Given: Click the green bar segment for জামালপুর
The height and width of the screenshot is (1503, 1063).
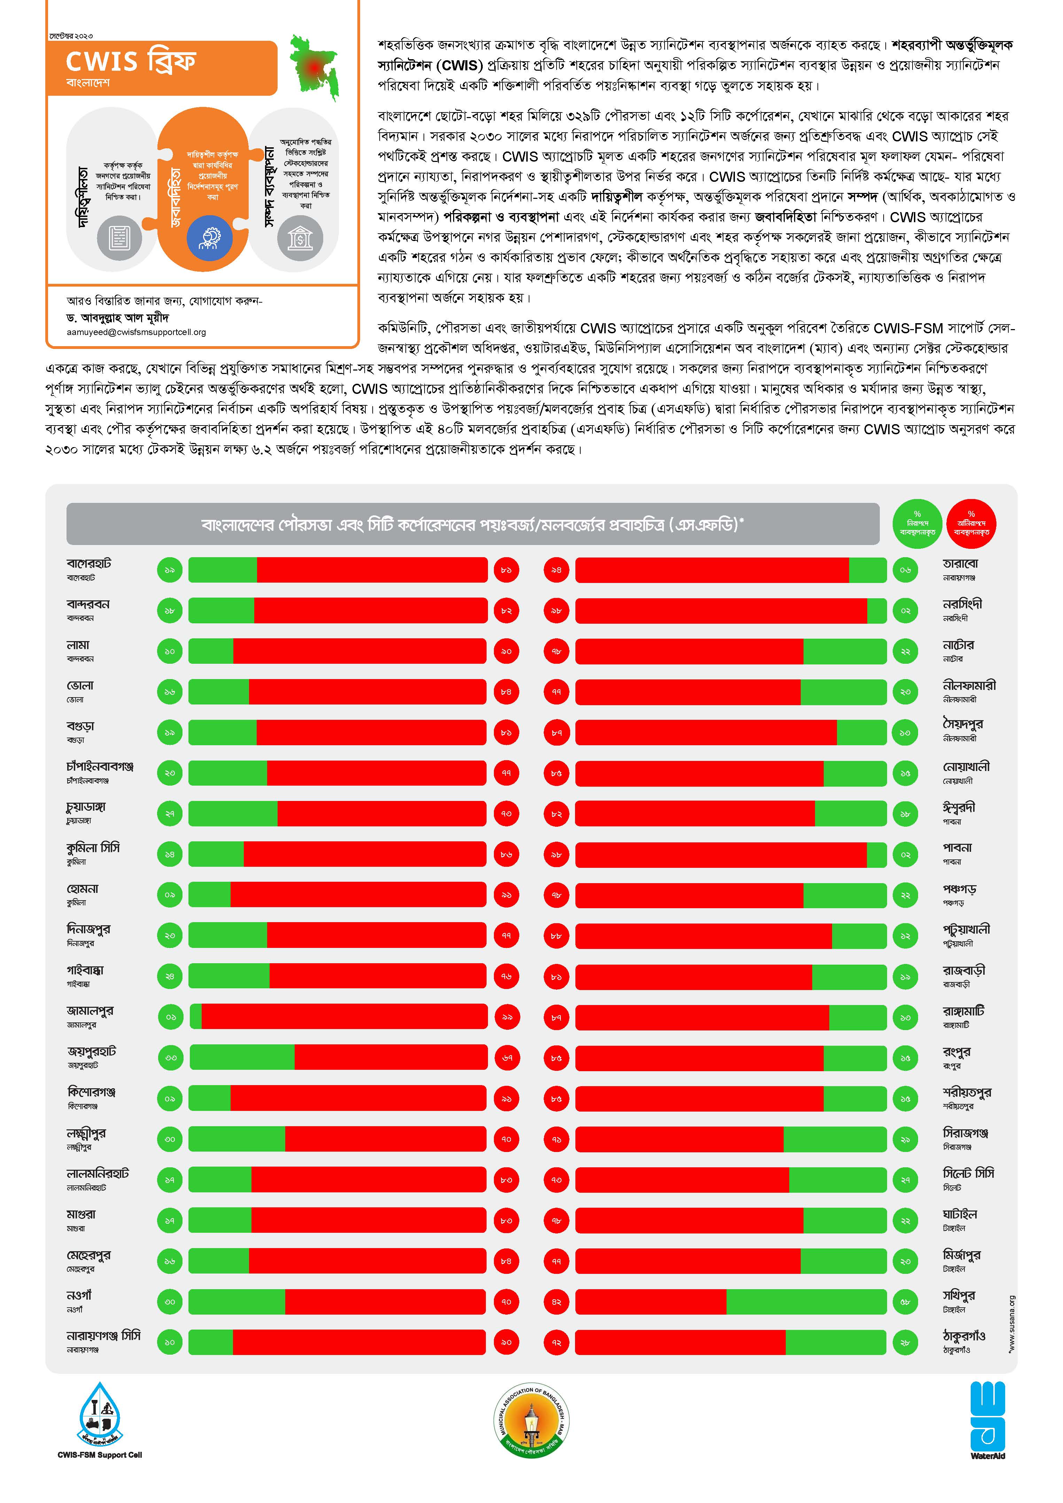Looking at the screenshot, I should click(x=196, y=1017).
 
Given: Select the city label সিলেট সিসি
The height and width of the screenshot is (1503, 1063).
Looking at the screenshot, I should click(x=968, y=1173).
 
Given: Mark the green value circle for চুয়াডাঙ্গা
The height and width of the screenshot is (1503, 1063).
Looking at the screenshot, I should click(x=170, y=814).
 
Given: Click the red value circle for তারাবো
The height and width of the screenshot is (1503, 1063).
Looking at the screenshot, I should click(x=556, y=570).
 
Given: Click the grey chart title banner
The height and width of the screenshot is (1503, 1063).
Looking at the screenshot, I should click(x=473, y=524).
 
